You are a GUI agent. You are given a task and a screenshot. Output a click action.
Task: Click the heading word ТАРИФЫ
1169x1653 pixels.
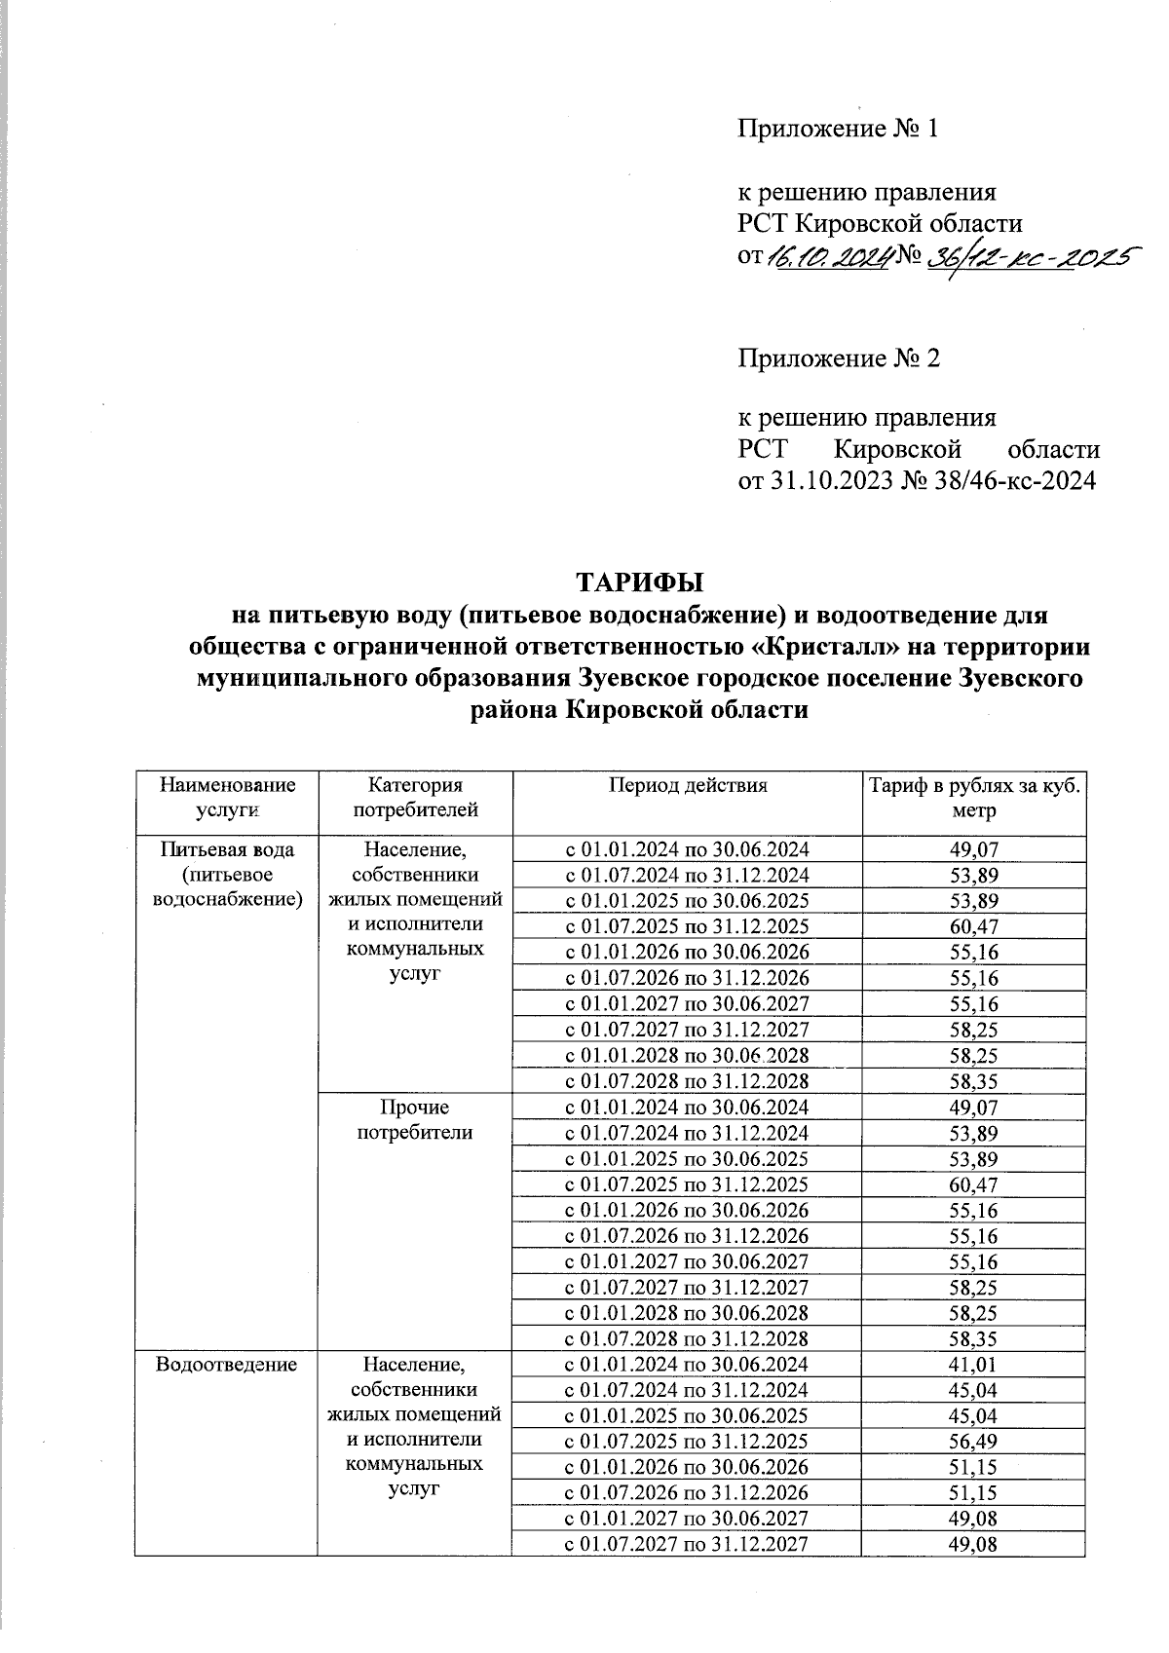click(x=640, y=584)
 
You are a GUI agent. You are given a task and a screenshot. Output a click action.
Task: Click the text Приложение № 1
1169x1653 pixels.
click(x=837, y=129)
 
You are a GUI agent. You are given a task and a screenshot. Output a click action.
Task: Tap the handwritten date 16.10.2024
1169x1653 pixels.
click(x=829, y=257)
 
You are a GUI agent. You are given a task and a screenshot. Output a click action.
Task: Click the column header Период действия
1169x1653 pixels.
click(x=688, y=785)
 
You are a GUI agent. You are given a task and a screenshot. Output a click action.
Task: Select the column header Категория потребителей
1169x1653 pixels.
click(x=415, y=797)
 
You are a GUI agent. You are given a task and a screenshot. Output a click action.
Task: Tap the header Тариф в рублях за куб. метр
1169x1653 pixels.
click(x=974, y=797)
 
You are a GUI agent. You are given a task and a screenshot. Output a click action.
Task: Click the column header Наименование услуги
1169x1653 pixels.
click(x=226, y=797)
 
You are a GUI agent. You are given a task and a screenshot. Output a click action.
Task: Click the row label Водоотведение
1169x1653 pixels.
click(x=226, y=1365)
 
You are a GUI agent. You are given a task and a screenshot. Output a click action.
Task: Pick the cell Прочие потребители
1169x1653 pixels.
click(x=415, y=1119)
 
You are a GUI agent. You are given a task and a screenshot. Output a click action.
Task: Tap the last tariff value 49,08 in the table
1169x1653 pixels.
click(x=974, y=1544)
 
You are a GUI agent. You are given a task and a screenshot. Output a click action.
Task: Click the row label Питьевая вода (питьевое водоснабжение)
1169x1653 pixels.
click(x=226, y=874)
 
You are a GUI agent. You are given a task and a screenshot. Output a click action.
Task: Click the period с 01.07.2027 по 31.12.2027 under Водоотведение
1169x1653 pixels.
click(x=688, y=1544)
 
